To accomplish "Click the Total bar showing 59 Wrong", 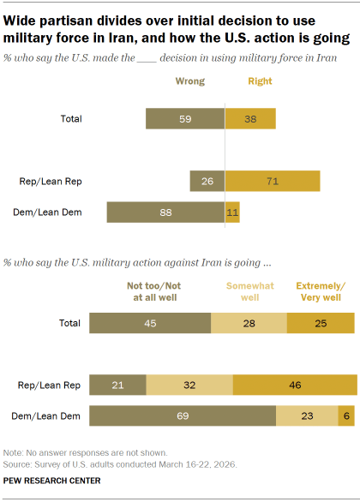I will click(x=184, y=118).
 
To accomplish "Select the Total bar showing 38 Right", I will click(x=250, y=118).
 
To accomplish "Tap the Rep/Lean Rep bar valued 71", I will click(x=273, y=181).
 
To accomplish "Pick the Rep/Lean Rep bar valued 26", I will click(x=207, y=181).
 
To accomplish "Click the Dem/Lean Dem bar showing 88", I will click(x=165, y=212).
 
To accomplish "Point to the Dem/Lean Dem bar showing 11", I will click(x=232, y=212).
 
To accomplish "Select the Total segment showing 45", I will click(x=150, y=322).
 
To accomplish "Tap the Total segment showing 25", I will click(x=321, y=322).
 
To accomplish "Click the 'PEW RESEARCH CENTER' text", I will click(x=51, y=481).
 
